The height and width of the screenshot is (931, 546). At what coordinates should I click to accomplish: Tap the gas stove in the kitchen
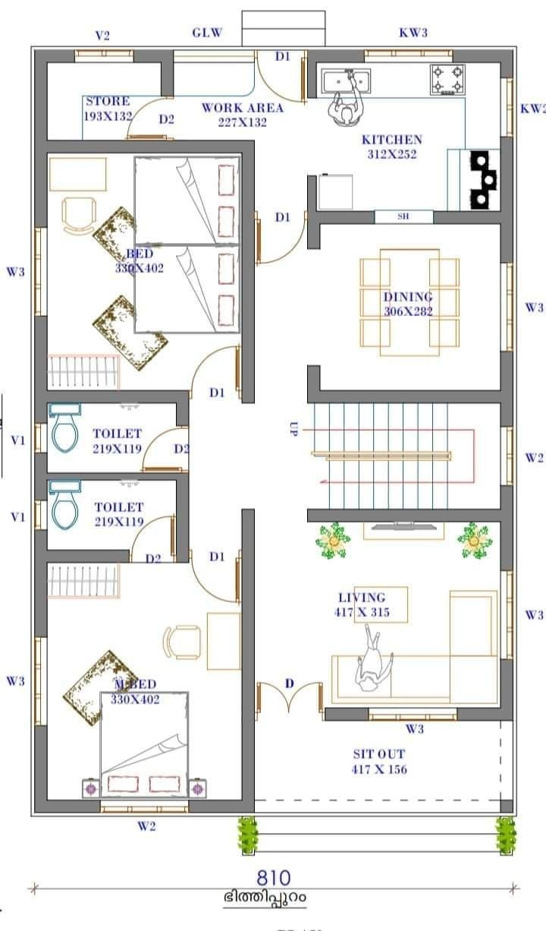point(448,80)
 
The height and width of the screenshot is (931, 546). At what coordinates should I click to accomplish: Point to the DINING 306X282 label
point(408,304)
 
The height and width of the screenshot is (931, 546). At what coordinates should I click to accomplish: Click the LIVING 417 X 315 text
point(362,604)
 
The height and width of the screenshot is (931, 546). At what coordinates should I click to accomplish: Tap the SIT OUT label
point(379,762)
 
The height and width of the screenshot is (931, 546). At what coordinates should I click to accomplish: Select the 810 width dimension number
point(273,879)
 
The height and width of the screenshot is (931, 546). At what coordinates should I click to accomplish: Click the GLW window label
point(207,33)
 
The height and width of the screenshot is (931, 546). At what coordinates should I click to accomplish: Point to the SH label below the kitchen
point(403,216)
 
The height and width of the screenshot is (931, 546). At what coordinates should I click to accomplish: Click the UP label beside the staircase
point(294,429)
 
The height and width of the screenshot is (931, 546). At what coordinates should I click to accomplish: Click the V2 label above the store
point(102,35)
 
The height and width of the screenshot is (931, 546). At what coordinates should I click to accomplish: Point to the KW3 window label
point(413,33)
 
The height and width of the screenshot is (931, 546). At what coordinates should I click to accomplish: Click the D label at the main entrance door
point(289,683)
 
